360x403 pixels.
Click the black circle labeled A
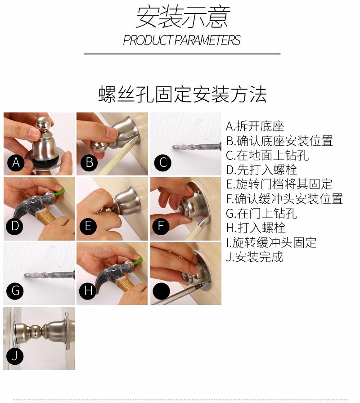click(x=16, y=163)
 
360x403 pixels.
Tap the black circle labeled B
click(x=89, y=163)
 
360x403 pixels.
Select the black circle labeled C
click(x=163, y=163)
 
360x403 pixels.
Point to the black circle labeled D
click(x=15, y=226)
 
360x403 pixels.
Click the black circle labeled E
click(x=88, y=226)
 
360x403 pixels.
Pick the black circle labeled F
click(x=161, y=226)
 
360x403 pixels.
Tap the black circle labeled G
click(x=15, y=291)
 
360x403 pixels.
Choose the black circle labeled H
click(x=88, y=291)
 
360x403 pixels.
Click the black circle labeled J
click(x=15, y=356)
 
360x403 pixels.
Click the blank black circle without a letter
click(x=161, y=291)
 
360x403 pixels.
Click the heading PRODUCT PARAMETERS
click(x=182, y=40)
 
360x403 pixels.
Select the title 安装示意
click(x=183, y=17)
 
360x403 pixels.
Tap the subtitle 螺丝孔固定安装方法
click(x=183, y=94)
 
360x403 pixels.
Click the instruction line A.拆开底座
click(x=255, y=126)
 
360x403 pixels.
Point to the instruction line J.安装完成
click(x=254, y=257)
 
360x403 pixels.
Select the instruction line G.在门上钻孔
click(x=261, y=213)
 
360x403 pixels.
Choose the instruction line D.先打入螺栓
click(x=261, y=170)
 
